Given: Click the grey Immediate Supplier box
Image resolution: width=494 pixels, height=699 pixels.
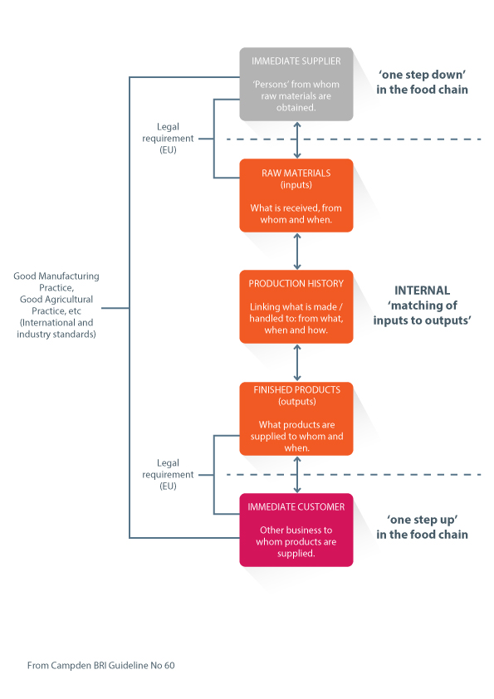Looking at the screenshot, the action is tap(296, 84).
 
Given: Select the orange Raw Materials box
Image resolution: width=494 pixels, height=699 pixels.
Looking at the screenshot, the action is tap(296, 195).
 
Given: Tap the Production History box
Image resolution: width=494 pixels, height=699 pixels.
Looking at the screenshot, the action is tap(296, 306).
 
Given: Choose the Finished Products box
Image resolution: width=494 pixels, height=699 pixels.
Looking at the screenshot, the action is tap(296, 418).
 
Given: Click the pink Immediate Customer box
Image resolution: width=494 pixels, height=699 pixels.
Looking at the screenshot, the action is tap(296, 530).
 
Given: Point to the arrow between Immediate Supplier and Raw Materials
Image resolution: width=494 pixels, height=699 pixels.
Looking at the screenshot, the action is tap(297, 140).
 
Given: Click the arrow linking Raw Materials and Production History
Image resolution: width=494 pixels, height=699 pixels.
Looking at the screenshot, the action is tap(297, 251).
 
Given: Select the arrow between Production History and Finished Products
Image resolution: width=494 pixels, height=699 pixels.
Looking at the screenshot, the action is tap(297, 363).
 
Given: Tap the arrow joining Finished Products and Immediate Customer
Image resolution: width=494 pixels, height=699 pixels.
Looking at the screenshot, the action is tap(297, 474).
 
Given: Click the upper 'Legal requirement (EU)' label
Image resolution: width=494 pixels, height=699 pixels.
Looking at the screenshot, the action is tap(168, 138).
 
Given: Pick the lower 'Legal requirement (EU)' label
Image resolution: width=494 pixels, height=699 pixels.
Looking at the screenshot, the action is tap(168, 474).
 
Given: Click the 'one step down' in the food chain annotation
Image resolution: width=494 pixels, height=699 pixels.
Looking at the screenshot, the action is tap(422, 82).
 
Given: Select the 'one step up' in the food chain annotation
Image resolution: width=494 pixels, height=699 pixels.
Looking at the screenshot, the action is tap(422, 527).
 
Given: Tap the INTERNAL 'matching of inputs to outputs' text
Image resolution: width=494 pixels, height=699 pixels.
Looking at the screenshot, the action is tap(422, 306).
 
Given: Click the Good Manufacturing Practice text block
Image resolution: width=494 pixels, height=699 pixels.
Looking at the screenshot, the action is tap(56, 305).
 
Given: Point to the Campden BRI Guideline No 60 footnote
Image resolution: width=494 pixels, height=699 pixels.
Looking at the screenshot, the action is tap(100, 665).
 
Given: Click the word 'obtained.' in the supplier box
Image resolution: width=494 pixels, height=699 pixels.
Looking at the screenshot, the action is tap(296, 107).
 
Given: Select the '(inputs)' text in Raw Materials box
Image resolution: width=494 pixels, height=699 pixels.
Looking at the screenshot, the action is tap(296, 184).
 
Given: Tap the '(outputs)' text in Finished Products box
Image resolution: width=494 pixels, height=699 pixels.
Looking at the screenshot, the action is tap(297, 401).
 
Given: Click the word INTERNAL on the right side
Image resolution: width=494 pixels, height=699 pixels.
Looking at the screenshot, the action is tap(423, 291).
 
